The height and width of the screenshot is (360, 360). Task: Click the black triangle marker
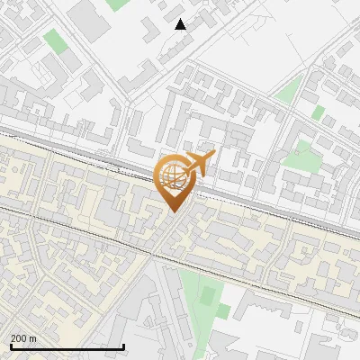coord(181,24)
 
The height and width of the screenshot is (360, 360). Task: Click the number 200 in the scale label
coord(19,337)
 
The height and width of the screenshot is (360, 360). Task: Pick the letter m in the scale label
coord(32,337)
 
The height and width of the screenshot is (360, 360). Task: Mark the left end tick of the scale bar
coord(10,346)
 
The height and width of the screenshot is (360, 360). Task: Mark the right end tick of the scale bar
coord(123,346)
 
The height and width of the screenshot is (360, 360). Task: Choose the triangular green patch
coord(290,88)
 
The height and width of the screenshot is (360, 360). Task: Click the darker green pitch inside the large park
coord(208,294)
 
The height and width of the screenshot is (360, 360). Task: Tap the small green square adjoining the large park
coord(222,311)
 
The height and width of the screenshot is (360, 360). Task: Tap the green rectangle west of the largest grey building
coord(56,40)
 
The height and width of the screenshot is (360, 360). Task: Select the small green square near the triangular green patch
coord(319,112)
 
